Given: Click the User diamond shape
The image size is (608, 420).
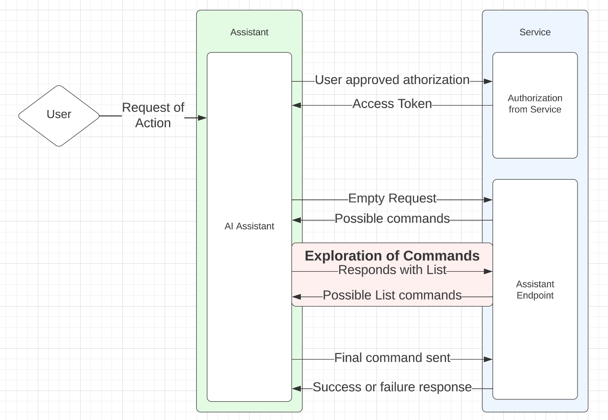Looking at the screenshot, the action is [59, 116].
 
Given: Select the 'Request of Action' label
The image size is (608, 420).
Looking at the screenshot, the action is [153, 115].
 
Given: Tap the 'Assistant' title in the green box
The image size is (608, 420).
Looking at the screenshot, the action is [249, 32].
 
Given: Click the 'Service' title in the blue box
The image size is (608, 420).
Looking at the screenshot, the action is [535, 32].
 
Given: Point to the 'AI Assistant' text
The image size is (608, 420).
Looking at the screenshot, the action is [249, 226].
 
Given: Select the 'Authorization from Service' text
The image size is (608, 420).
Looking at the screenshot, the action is [535, 104].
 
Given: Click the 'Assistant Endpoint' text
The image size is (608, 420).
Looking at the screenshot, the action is [535, 290].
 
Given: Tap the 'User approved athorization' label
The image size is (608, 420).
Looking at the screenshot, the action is [392, 80].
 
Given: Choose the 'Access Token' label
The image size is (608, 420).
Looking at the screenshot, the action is [392, 104].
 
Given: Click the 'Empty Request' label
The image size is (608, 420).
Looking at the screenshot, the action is [392, 198].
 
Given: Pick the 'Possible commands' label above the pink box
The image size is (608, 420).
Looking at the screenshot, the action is [392, 219].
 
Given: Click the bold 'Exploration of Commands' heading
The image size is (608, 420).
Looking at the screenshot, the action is [392, 256].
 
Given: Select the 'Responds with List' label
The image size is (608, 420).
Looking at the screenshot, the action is [392, 270].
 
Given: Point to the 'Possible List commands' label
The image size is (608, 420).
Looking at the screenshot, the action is [392, 295].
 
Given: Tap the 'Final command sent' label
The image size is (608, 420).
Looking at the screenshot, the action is [392, 358].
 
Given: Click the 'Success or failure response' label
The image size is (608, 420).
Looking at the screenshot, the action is [392, 387].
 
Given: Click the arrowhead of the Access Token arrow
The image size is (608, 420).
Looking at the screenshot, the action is [296, 105].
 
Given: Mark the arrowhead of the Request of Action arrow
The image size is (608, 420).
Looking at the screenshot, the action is [202, 118].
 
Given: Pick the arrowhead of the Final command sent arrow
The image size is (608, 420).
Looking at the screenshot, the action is [488, 359].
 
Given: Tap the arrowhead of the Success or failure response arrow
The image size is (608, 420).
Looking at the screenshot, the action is [296, 389].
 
